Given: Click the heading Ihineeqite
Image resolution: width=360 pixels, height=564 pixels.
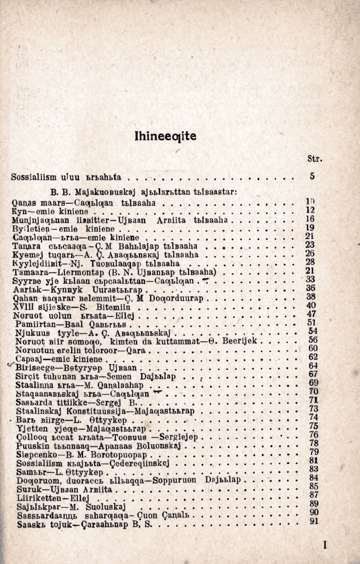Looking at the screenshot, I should tap(165, 136).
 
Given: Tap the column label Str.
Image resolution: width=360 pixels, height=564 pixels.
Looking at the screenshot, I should tap(314, 158).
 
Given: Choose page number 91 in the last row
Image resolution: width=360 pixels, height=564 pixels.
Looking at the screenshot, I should tap(313, 519).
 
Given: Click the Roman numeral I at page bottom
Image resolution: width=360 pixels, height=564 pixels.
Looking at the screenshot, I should tap(325, 545).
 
